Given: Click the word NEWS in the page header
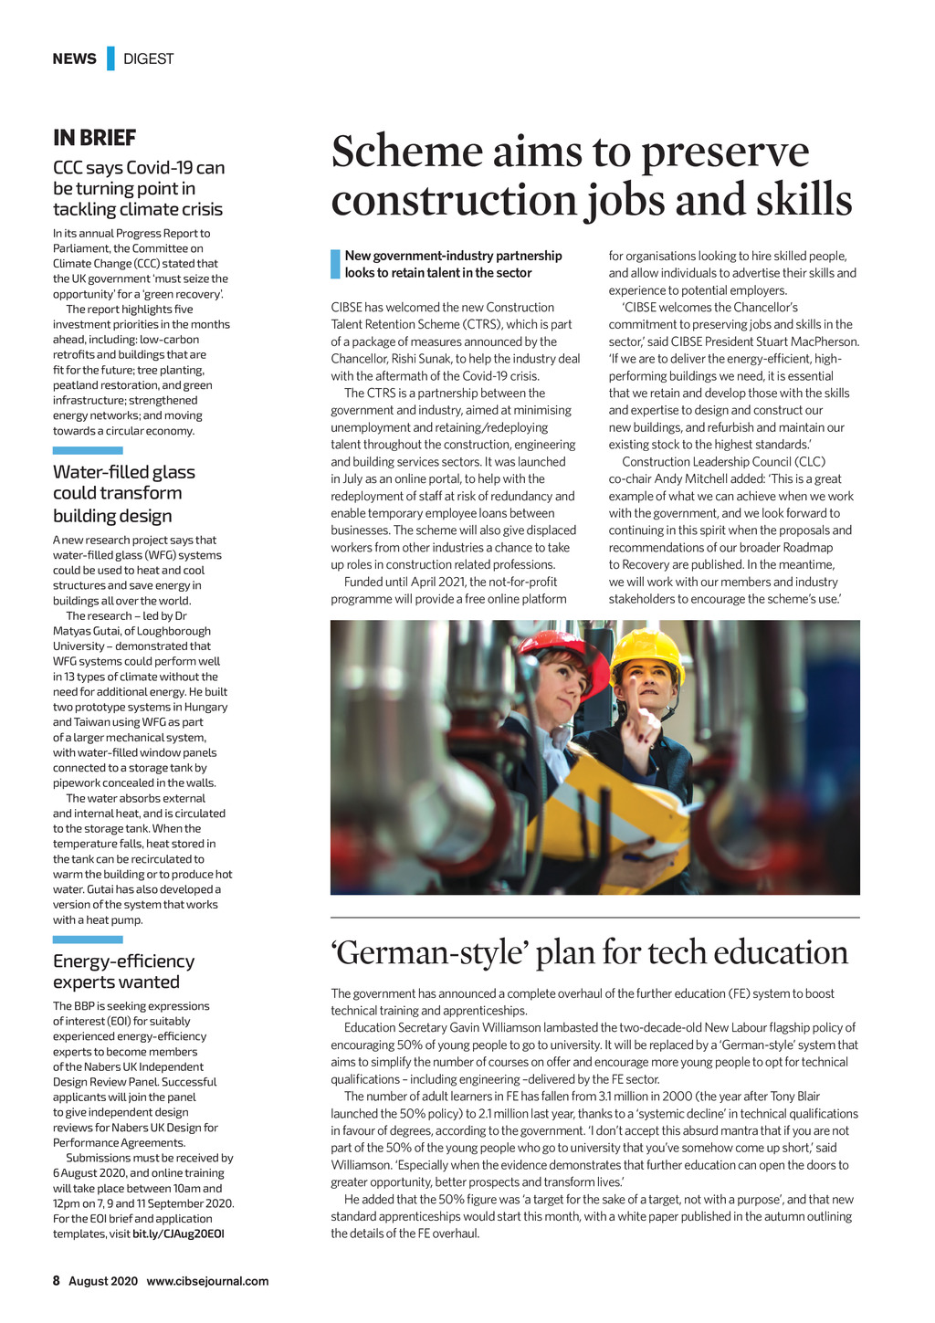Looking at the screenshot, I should [x=74, y=58].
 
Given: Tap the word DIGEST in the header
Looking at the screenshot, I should [x=148, y=58].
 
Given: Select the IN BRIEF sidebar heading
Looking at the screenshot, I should [x=94, y=138].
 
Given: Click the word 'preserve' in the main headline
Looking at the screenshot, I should [x=725, y=152].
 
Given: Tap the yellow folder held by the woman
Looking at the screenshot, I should [x=612, y=813].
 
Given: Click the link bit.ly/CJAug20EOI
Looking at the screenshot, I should [x=178, y=1234].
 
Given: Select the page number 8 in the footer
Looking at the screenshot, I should [x=56, y=1281].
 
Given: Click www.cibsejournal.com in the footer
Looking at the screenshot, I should [x=207, y=1281].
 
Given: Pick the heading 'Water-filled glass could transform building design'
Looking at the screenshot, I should [x=123, y=494].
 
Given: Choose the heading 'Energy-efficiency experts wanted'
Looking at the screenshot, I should [x=123, y=971].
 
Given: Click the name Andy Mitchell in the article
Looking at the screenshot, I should [x=686, y=478].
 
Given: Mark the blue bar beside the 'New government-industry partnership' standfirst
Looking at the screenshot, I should [x=335, y=264].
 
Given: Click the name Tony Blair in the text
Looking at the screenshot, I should [x=795, y=1097].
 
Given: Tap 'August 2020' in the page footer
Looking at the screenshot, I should [x=103, y=1281].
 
